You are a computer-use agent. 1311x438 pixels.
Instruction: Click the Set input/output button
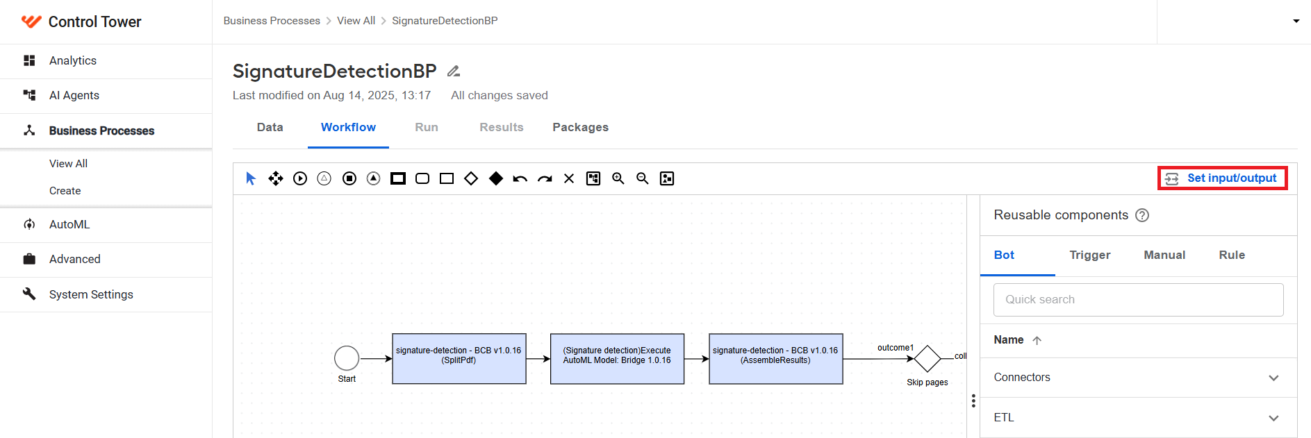point(1222,178)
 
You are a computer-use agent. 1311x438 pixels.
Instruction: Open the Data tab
point(270,127)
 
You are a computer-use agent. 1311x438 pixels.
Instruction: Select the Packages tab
point(580,127)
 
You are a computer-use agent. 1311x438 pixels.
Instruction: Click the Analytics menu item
point(73,60)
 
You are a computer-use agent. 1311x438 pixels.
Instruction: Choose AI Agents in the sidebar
point(74,95)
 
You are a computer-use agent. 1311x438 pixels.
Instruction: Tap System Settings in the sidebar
point(91,294)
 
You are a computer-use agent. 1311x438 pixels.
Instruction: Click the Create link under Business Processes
point(65,191)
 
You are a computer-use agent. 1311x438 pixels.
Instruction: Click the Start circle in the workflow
point(347,358)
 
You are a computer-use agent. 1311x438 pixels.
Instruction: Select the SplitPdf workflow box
point(459,359)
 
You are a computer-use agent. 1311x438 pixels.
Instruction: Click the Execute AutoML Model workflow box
point(617,359)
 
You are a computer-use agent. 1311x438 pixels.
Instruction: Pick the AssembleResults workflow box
point(775,359)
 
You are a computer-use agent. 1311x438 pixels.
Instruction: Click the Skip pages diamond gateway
point(927,359)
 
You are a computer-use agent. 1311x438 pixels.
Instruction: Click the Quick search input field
point(1138,300)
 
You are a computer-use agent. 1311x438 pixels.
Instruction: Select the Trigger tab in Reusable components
point(1089,255)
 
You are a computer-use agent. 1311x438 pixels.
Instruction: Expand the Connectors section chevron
point(1273,378)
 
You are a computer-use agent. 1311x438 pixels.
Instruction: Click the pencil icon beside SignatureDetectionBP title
point(454,71)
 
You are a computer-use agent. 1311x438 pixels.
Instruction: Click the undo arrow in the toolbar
point(520,179)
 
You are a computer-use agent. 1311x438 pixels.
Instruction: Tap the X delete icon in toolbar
point(569,178)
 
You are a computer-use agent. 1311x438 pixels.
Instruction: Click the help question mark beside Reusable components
point(1142,215)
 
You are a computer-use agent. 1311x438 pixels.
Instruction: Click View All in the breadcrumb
point(356,21)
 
